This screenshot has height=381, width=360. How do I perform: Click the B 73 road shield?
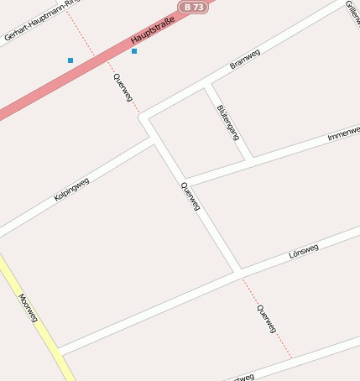[x=192, y=7]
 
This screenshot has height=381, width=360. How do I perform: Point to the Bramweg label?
[x=245, y=60]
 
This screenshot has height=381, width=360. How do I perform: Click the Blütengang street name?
[x=227, y=122]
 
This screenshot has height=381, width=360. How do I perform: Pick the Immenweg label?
[x=343, y=133]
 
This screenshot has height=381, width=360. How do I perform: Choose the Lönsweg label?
[x=303, y=251]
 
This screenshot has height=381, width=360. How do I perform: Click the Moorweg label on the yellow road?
[x=28, y=308]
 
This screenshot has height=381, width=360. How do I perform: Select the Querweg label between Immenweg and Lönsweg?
[x=191, y=196]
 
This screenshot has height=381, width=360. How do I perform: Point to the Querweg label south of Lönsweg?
[x=267, y=319]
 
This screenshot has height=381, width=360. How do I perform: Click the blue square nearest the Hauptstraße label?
[x=134, y=51]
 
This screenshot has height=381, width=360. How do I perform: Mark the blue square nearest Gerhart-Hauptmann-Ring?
[x=70, y=60]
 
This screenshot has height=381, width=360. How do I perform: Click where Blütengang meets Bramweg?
[x=207, y=84]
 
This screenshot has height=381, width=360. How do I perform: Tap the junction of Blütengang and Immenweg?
[x=250, y=157]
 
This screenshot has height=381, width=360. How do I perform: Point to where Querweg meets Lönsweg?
[x=237, y=272]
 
